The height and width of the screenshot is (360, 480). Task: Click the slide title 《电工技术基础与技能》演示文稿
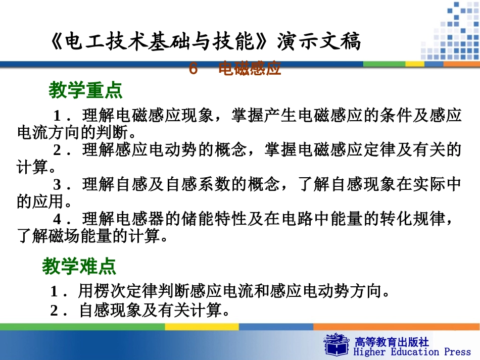(x=206, y=42)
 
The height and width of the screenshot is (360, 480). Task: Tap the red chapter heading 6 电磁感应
(x=235, y=69)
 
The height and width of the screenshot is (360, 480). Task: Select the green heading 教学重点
(x=85, y=91)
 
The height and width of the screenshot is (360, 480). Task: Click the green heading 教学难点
(x=79, y=266)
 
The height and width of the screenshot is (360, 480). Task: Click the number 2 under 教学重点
(x=58, y=150)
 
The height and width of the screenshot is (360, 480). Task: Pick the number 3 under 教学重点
(x=58, y=184)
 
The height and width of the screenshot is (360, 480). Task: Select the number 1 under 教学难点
(x=54, y=292)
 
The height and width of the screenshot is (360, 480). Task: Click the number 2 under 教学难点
(x=54, y=311)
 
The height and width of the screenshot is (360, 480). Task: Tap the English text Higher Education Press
(x=410, y=352)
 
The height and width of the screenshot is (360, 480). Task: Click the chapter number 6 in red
(x=193, y=69)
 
